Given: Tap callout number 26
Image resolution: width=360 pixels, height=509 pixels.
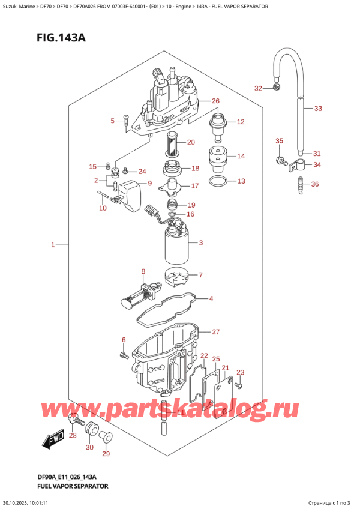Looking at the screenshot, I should point(215,101).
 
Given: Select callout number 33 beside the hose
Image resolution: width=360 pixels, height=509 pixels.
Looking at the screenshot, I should point(318,109).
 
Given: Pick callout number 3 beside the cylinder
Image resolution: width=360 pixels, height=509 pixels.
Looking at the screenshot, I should point(200,243).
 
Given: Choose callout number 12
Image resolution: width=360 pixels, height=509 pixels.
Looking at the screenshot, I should point(241,122).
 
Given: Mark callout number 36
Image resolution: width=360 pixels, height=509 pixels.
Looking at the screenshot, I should point(315,184).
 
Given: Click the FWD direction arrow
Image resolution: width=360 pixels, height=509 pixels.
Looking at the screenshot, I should point(53,443).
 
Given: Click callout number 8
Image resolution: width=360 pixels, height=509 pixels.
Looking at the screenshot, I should point(143,272).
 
